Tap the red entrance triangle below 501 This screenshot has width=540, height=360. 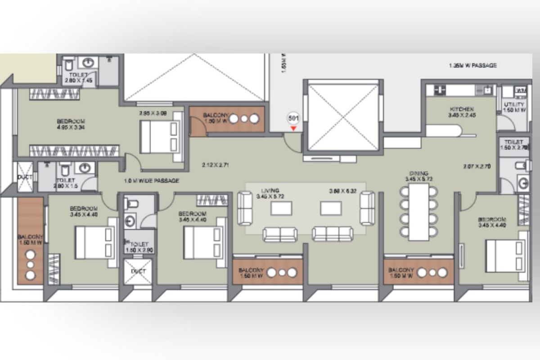pos(293,129)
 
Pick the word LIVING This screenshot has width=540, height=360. pos(270,191)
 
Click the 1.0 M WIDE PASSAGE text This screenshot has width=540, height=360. pos(152,181)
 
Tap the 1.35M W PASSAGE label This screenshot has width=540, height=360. pos(472,66)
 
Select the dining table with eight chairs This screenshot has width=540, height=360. pos(418,211)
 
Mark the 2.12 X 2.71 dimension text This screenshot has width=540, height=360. pos(216,165)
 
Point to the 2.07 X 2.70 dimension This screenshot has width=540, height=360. pos(477,166)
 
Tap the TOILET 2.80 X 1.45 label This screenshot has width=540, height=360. pos(78,77)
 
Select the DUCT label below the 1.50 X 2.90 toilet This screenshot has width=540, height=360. pos(137,272)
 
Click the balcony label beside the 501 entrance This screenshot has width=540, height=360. pos(216,118)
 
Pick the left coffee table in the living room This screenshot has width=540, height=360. pos(281,208)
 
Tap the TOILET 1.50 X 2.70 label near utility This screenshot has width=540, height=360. pos(514,144)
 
